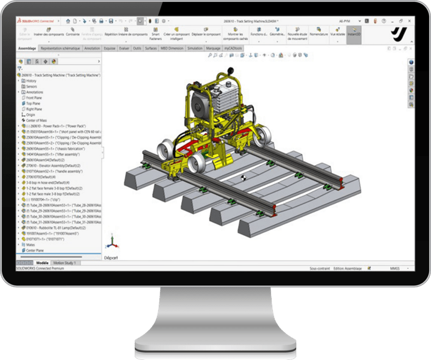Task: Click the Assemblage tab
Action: (x=28, y=48)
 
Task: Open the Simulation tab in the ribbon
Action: (x=195, y=48)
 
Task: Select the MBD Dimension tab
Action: (x=171, y=48)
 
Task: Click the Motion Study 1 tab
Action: (x=67, y=263)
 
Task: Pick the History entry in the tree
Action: (x=32, y=80)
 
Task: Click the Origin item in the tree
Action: (x=31, y=114)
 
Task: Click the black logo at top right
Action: (x=397, y=33)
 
